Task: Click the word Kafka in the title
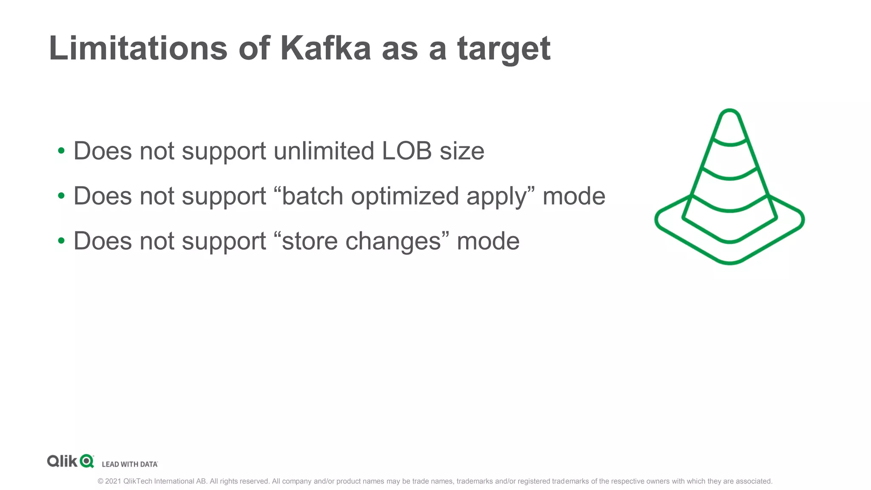pyautogui.click(x=325, y=48)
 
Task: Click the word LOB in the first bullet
pyautogui.click(x=407, y=151)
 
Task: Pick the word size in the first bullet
pyautogui.click(x=462, y=151)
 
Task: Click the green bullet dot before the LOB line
pyautogui.click(x=61, y=151)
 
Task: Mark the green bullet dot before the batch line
pyautogui.click(x=61, y=196)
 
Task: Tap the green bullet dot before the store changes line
pyautogui.click(x=61, y=241)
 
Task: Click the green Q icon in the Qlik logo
pyautogui.click(x=87, y=461)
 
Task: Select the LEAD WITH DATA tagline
pyautogui.click(x=130, y=464)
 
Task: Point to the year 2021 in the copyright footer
pyautogui.click(x=113, y=481)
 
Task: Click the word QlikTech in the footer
pyautogui.click(x=138, y=481)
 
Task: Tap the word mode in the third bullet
pyautogui.click(x=488, y=241)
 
